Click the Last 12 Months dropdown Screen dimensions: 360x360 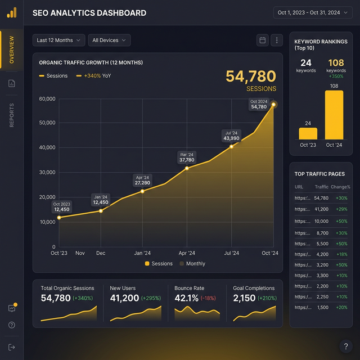point(59,40)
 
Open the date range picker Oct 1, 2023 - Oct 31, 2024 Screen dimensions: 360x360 point(315,12)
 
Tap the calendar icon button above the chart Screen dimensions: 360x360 point(262,40)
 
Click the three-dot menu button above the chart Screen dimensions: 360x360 point(276,40)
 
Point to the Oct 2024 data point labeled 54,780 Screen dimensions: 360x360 point(274,104)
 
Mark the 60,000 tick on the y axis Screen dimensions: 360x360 point(47,99)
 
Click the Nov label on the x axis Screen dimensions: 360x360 point(80,253)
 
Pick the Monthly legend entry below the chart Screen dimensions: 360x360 point(192,263)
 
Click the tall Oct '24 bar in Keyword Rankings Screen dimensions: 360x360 point(334,115)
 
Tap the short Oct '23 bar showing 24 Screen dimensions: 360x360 point(308,133)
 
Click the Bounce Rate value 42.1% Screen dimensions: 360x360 point(186,298)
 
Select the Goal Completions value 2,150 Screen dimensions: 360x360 point(244,298)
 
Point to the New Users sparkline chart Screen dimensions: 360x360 point(136,313)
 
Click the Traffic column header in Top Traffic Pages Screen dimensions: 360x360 point(322,187)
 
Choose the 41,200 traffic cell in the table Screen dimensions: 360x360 point(322,209)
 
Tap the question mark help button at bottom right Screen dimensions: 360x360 point(346,346)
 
